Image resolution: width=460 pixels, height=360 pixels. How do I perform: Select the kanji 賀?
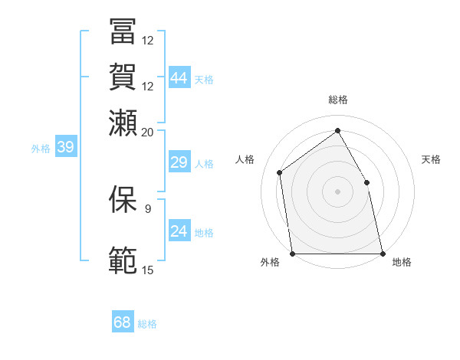[123, 77]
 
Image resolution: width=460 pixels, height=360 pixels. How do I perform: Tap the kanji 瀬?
[123, 123]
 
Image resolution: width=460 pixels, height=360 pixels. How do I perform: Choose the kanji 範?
[123, 260]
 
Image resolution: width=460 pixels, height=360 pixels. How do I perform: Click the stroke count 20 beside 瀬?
[148, 132]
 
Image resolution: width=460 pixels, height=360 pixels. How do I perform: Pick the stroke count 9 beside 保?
[148, 208]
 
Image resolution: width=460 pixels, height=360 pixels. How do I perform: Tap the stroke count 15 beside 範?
[148, 270]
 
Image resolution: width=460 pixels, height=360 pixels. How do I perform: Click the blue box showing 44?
[179, 77]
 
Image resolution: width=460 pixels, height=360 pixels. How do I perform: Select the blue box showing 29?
[179, 162]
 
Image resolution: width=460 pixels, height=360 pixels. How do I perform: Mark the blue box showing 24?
[179, 231]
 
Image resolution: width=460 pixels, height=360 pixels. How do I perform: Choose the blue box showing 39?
[65, 147]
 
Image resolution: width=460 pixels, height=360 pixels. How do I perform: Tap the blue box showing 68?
[123, 322]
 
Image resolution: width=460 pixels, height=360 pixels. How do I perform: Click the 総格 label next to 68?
[147, 324]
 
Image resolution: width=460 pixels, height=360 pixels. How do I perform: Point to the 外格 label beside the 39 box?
[41, 149]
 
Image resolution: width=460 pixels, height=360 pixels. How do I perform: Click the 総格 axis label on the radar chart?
[337, 100]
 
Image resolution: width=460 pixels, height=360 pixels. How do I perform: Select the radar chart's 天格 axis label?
[431, 159]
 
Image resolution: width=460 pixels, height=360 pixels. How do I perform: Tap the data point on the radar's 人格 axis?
[280, 172]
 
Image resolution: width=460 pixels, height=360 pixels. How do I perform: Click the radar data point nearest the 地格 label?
[382, 253]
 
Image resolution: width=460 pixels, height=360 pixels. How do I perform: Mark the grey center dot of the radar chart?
[337, 191]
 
